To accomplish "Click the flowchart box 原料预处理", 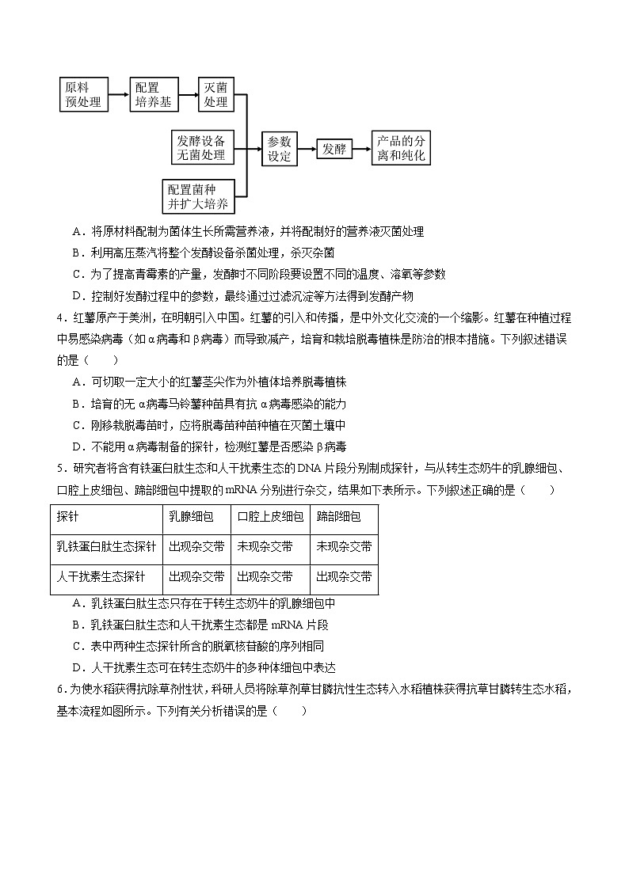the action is click(83, 94).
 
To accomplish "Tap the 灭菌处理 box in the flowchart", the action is click(215, 94).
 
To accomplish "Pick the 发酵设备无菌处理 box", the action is click(201, 148).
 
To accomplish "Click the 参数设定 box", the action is click(279, 148).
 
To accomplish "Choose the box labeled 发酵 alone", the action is click(334, 148).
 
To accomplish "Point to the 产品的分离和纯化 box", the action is click(402, 148).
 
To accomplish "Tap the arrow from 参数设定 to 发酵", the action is click(306, 148).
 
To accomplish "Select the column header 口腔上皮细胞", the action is click(270, 517).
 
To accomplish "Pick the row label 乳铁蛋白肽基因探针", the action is click(106, 547).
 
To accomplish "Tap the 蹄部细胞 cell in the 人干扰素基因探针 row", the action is click(344, 576).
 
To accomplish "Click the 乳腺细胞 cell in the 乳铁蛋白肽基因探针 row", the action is click(196, 547).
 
